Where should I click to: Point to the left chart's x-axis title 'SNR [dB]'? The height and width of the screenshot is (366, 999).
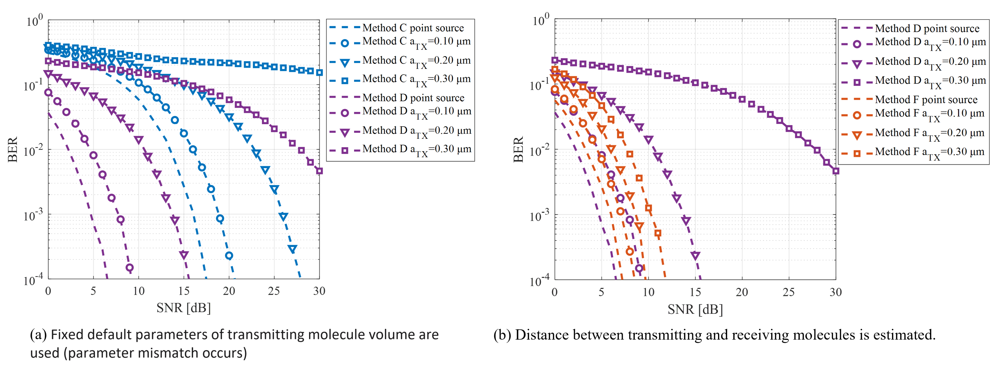click(184, 308)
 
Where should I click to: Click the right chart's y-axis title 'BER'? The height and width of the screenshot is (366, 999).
click(519, 149)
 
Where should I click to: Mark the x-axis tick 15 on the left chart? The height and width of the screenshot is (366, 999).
click(184, 291)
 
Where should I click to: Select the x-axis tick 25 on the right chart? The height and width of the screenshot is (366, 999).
click(788, 292)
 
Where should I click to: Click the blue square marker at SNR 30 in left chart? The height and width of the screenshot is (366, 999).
click(319, 72)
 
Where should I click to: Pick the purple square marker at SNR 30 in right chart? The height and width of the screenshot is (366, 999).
click(836, 171)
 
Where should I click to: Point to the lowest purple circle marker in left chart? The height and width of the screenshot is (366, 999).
click(129, 267)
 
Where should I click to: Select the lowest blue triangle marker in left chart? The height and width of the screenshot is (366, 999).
click(292, 249)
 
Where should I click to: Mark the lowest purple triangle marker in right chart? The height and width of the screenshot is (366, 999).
click(695, 255)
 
